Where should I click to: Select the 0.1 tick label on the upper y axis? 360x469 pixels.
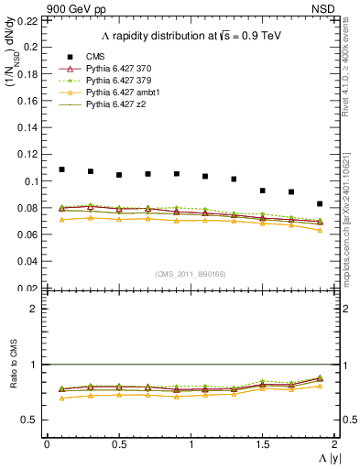(x=31, y=181)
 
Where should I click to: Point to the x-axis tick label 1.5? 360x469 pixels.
(x=263, y=444)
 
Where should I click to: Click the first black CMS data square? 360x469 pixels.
(x=62, y=169)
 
